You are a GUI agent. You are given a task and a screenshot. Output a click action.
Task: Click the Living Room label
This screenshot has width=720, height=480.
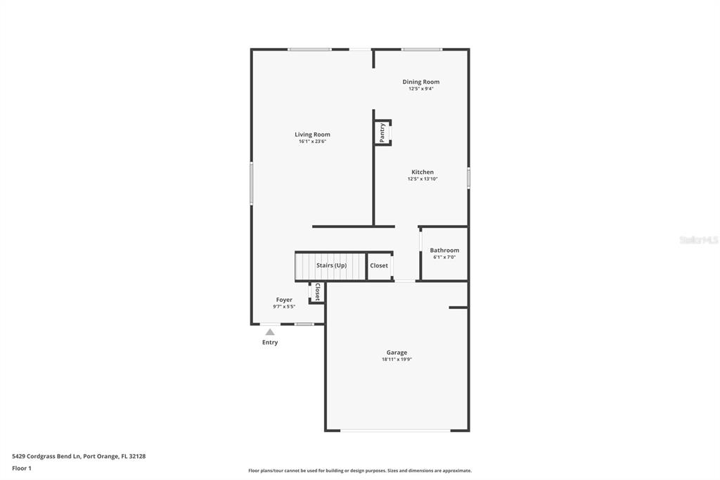click(312, 134)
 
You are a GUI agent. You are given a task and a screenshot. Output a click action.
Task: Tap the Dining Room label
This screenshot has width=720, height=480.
click(420, 82)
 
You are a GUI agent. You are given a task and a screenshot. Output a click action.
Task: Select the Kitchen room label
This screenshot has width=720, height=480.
click(423, 172)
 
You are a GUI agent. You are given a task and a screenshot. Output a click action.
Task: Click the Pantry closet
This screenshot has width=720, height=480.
click(382, 133)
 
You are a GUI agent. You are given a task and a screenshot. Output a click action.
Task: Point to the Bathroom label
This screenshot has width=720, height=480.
click(444, 250)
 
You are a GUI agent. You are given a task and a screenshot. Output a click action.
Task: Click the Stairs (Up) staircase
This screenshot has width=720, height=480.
click(330, 266)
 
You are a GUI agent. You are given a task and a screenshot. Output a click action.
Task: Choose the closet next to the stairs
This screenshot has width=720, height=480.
click(379, 266)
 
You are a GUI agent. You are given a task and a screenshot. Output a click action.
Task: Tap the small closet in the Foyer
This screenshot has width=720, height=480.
click(317, 292)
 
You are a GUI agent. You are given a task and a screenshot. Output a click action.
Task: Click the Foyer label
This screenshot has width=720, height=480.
click(284, 300)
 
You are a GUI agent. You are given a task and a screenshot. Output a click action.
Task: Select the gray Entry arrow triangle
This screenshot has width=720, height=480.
click(270, 332)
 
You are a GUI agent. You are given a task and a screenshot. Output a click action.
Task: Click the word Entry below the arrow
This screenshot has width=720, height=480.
click(270, 343)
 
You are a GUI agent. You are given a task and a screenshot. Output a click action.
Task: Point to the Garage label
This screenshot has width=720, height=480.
click(397, 353)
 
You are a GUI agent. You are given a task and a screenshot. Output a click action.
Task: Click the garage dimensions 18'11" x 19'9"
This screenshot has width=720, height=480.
click(397, 360)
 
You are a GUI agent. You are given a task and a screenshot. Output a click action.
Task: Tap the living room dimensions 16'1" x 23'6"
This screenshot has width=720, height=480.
click(312, 141)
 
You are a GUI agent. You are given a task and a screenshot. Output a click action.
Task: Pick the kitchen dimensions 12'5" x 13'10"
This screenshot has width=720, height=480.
click(423, 179)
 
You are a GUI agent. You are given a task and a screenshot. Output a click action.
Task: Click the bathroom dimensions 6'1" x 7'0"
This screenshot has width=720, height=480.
click(444, 258)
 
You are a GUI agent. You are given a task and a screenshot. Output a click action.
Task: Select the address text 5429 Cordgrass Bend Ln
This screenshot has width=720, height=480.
click(46, 457)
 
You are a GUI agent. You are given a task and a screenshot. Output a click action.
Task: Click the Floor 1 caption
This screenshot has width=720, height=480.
click(22, 469)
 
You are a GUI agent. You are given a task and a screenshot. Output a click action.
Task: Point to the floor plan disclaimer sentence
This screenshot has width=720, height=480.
click(360, 471)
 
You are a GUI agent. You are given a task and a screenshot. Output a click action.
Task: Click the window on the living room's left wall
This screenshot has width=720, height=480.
click(251, 183)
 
